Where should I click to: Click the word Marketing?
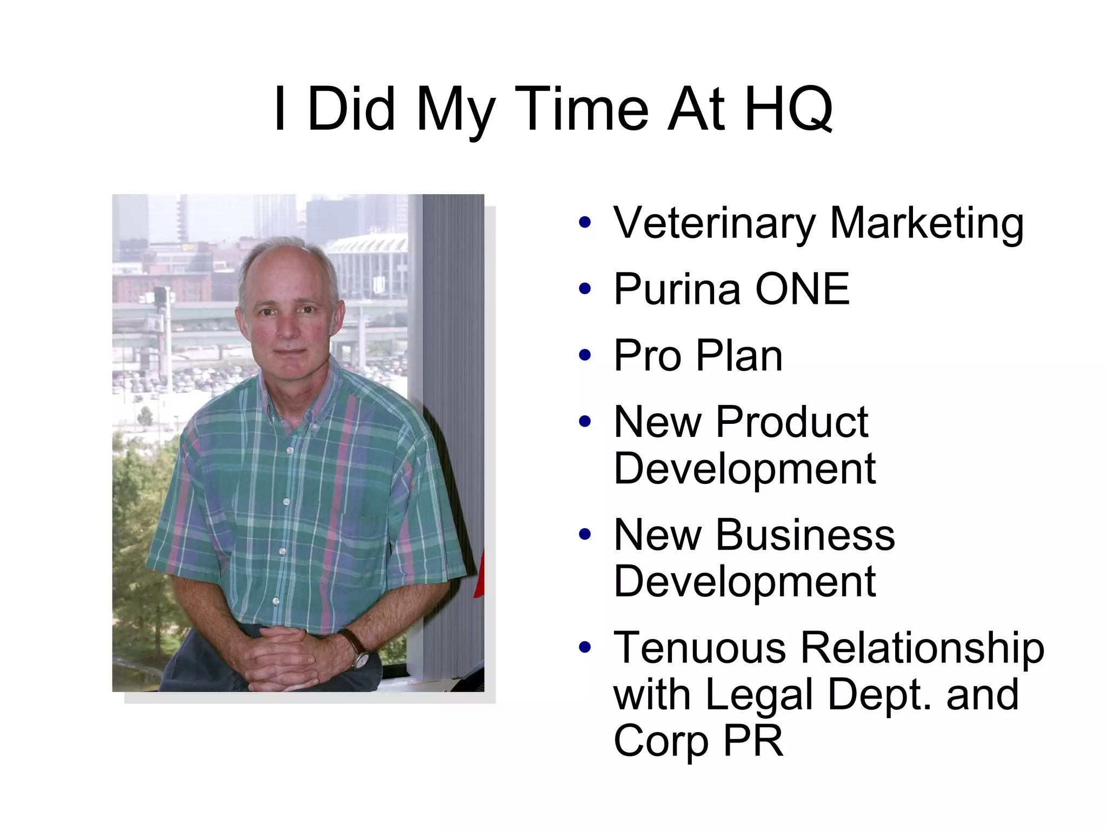(926, 223)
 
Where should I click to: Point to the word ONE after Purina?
(802, 289)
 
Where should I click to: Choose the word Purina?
(677, 289)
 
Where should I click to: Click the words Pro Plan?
(698, 356)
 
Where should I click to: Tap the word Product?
(792, 422)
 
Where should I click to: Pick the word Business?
(805, 535)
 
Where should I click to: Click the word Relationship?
(922, 647)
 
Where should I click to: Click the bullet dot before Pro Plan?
(584, 356)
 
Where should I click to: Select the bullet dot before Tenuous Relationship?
(584, 647)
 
